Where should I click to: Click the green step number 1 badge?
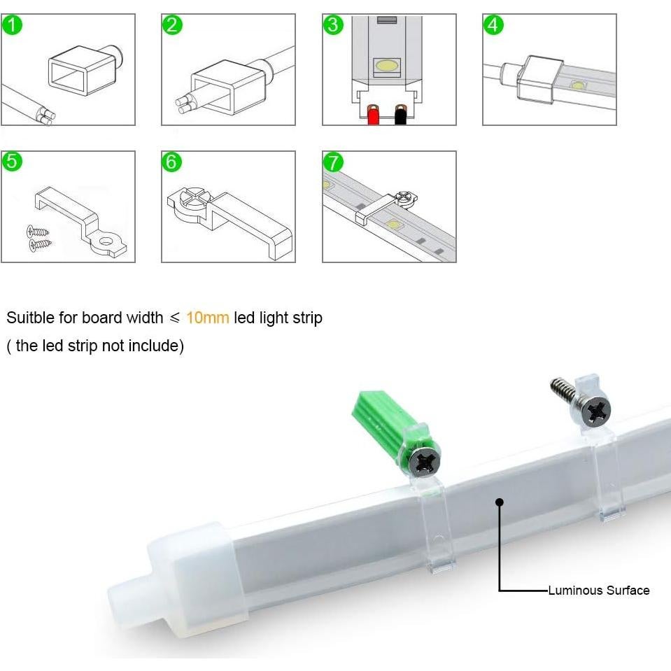[x=13, y=25]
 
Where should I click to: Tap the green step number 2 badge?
[x=173, y=25]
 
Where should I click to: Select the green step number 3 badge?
[x=334, y=25]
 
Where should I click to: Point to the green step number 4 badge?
[x=494, y=25]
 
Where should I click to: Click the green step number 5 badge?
[x=13, y=162]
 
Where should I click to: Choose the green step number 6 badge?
[x=173, y=162]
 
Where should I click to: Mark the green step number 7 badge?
[x=334, y=162]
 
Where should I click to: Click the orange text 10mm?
[x=207, y=318]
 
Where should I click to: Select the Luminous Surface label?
[x=598, y=591]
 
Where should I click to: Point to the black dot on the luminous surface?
[x=499, y=501]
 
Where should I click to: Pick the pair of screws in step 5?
[x=40, y=236]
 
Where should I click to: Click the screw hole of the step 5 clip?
[x=106, y=243]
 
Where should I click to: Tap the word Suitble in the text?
[x=30, y=318]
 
